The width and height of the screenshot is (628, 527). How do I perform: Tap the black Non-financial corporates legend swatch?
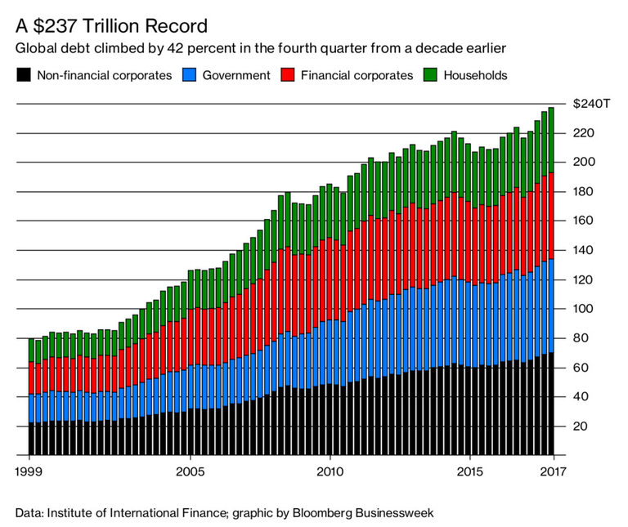pos(23,76)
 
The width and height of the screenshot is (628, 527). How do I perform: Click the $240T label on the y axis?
pos(590,104)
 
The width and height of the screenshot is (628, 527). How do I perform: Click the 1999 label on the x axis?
pos(29,471)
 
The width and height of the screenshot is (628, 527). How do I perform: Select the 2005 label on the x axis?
pos(191,471)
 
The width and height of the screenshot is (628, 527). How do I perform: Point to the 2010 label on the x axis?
pos(330,471)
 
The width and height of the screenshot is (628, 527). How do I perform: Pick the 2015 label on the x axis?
pos(469,471)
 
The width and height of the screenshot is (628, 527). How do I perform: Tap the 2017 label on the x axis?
pos(552,471)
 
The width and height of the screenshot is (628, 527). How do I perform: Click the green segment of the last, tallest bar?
pos(550,140)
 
